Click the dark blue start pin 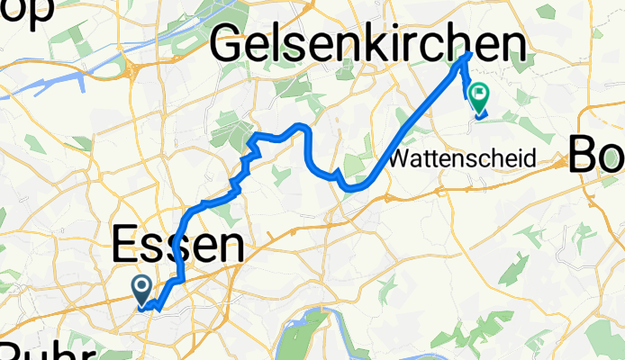142,289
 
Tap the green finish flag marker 478,94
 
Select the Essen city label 177,245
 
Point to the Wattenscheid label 464,159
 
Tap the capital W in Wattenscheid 402,159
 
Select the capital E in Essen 127,245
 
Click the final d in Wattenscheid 530,159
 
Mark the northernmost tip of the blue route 469,54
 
